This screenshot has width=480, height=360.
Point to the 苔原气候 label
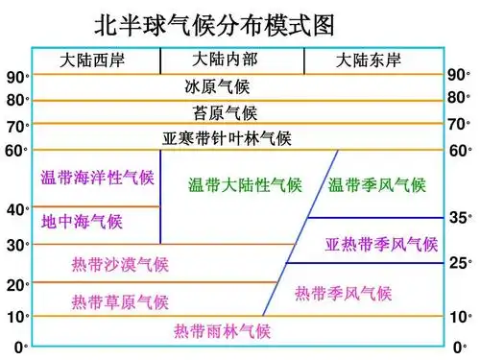(x=226, y=112)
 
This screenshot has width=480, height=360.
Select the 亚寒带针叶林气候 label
(x=228, y=138)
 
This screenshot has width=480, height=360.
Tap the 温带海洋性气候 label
(x=97, y=178)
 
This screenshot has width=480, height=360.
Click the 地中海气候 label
(x=82, y=223)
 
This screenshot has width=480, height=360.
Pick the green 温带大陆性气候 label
(x=245, y=183)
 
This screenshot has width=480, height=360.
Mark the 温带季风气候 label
(x=377, y=185)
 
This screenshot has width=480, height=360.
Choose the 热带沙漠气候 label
(x=120, y=264)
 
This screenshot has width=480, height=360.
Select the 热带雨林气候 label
(x=222, y=332)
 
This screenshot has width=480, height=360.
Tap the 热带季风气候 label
(x=344, y=293)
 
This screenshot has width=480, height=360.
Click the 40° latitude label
(x=18, y=209)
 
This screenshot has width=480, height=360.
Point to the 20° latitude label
(x=18, y=285)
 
